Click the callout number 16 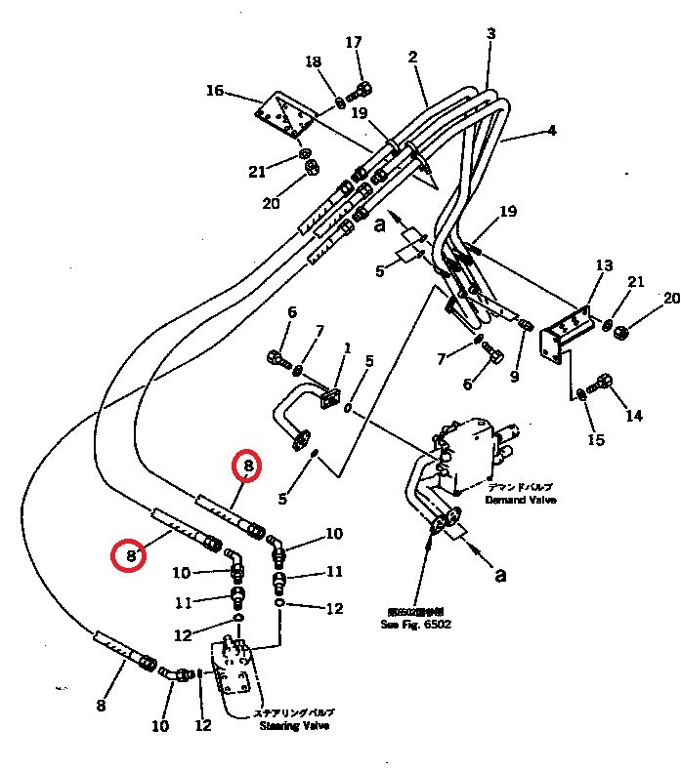(214, 91)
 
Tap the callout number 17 (354, 42)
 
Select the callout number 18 (313, 62)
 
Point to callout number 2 (413, 58)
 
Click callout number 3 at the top (490, 33)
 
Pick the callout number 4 (551, 130)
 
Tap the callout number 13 (604, 265)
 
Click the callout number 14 (634, 415)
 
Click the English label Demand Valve (521, 500)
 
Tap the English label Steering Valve (294, 726)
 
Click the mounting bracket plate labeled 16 (285, 118)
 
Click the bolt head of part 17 (362, 91)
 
